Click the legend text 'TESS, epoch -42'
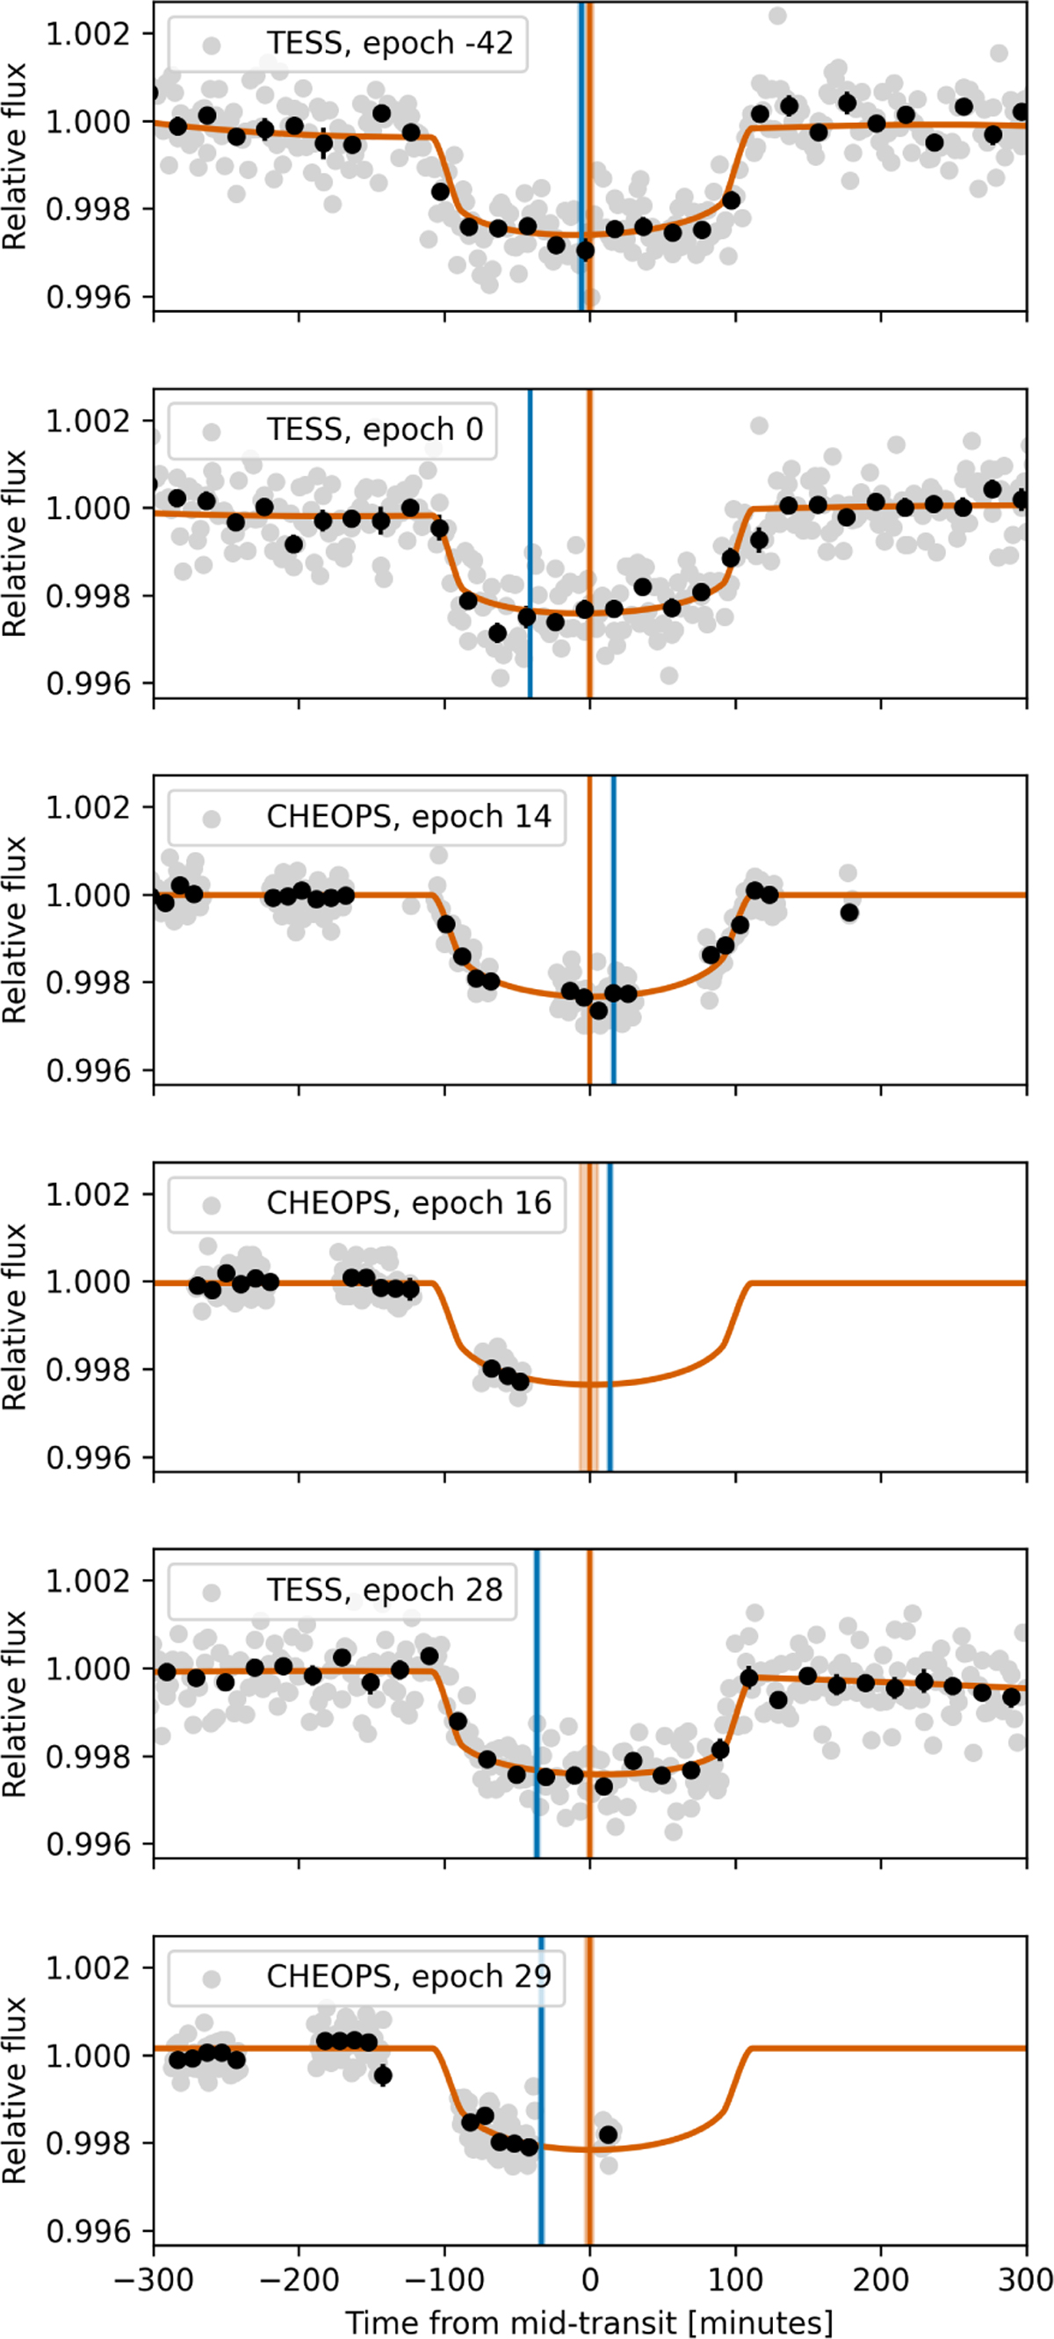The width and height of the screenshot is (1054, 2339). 389,43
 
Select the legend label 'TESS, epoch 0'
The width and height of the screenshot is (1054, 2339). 375,430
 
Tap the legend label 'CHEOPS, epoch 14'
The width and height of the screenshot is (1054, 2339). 408,816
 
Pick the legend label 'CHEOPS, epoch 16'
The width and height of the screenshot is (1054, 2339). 408,1203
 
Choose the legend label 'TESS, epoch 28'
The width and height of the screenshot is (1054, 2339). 384,1590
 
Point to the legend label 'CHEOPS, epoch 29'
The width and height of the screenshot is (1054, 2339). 408,1977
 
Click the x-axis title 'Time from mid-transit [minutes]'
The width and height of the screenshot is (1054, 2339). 589,2321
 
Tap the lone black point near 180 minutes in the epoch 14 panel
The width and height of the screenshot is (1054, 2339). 848,913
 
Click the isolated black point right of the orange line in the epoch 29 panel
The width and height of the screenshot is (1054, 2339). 609,2133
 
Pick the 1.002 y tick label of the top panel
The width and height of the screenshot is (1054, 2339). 88,33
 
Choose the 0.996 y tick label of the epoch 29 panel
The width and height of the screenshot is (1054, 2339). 88,2230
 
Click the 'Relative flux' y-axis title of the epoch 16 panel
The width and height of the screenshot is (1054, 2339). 15,1317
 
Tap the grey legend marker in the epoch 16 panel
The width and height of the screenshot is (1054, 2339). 212,1205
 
